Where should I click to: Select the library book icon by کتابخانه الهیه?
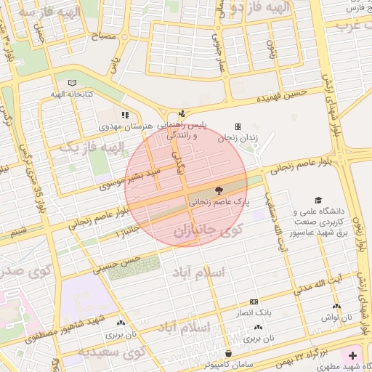coord(71,84)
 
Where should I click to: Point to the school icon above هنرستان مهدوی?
coord(125,115)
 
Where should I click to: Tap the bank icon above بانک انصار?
coord(254,302)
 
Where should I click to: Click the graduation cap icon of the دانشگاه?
coord(317,200)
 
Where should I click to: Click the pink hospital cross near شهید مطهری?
coord(353,355)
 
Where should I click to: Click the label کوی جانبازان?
coord(207,232)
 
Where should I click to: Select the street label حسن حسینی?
coord(121,263)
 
